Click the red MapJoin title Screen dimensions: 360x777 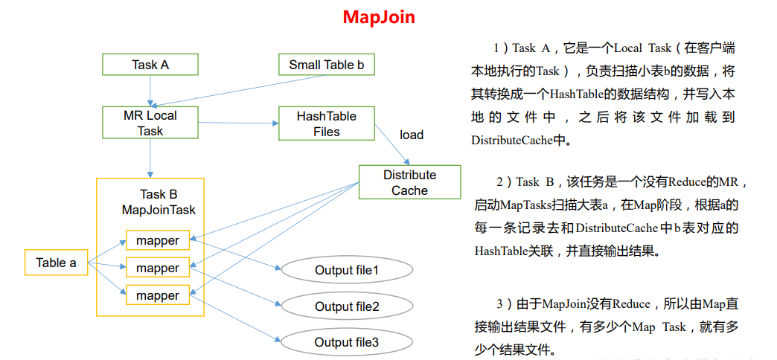pyautogui.click(x=379, y=17)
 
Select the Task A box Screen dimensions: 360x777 pyautogui.click(x=150, y=65)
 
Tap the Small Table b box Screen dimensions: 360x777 pyautogui.click(x=326, y=65)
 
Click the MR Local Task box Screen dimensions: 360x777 pyautogui.click(x=150, y=123)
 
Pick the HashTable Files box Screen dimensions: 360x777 pyautogui.click(x=326, y=123)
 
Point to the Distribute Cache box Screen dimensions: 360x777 pyautogui.click(x=409, y=182)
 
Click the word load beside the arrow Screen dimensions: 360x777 pyautogui.click(x=412, y=135)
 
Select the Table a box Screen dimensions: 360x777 pyautogui.click(x=56, y=263)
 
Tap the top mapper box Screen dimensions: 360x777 pyautogui.click(x=158, y=240)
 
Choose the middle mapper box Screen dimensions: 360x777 pyautogui.click(x=158, y=268)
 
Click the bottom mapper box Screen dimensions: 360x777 pyautogui.click(x=158, y=295)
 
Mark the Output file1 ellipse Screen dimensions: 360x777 pyautogui.click(x=347, y=270)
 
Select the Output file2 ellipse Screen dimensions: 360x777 pyautogui.click(x=347, y=306)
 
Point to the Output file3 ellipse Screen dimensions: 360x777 pyautogui.click(x=347, y=342)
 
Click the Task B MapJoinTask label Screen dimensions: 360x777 pyautogui.click(x=159, y=202)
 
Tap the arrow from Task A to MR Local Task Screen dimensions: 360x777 pyautogui.click(x=150, y=90)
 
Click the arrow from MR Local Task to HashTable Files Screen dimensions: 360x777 pyautogui.click(x=237, y=123)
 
